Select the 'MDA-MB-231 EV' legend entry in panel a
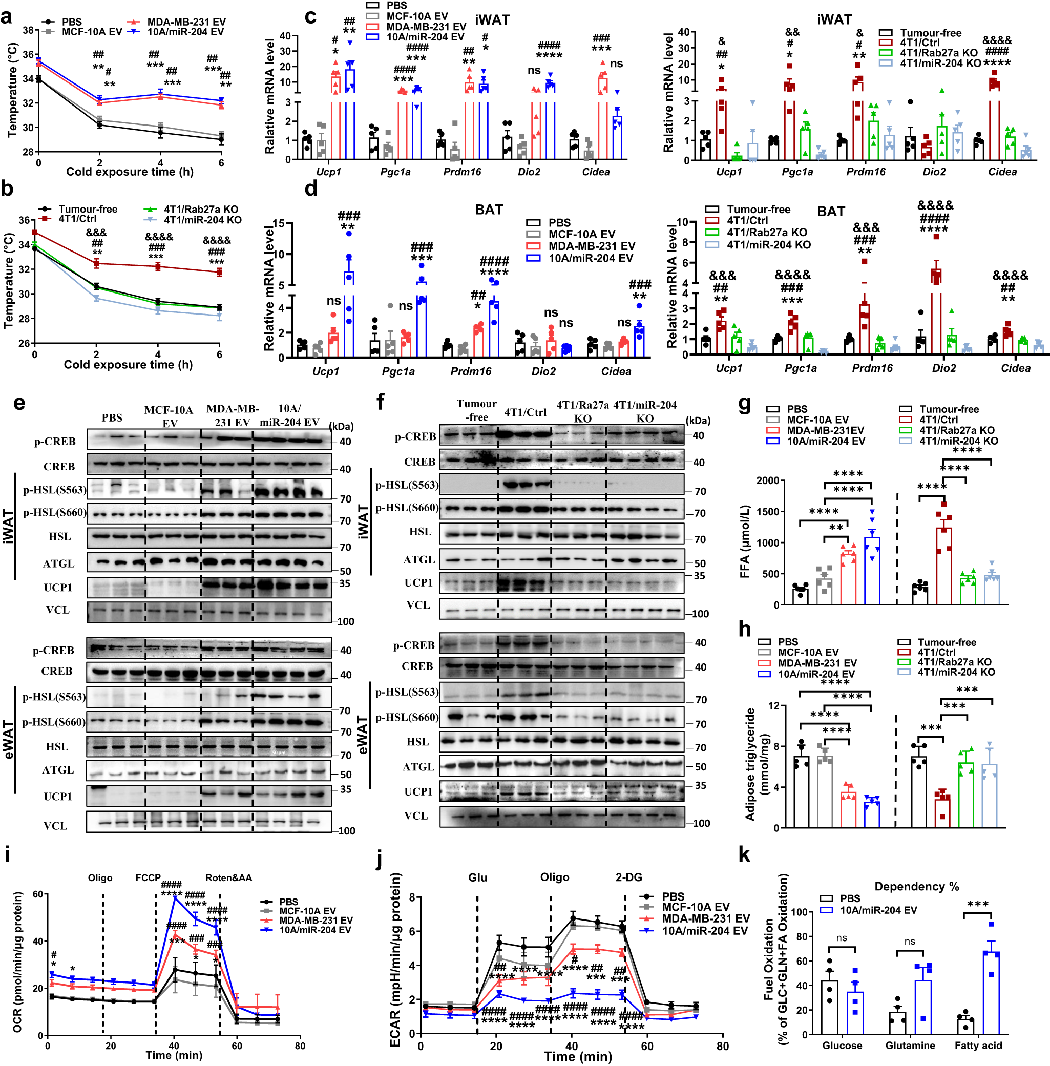pos(186,22)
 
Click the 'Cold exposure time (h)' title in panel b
pos(128,365)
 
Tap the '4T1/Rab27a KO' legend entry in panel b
pos(201,210)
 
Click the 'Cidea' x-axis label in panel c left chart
pos(596,172)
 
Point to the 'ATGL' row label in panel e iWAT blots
pos(58,563)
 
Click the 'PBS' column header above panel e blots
pos(112,417)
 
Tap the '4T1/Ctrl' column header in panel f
pos(524,412)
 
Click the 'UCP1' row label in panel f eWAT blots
pos(418,791)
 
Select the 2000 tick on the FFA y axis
pos(767,481)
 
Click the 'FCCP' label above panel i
pos(148,878)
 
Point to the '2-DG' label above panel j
pos(628,877)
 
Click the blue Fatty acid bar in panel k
pos(991,993)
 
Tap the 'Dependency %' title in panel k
pos(916,887)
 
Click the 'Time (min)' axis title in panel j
pos(577,1056)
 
